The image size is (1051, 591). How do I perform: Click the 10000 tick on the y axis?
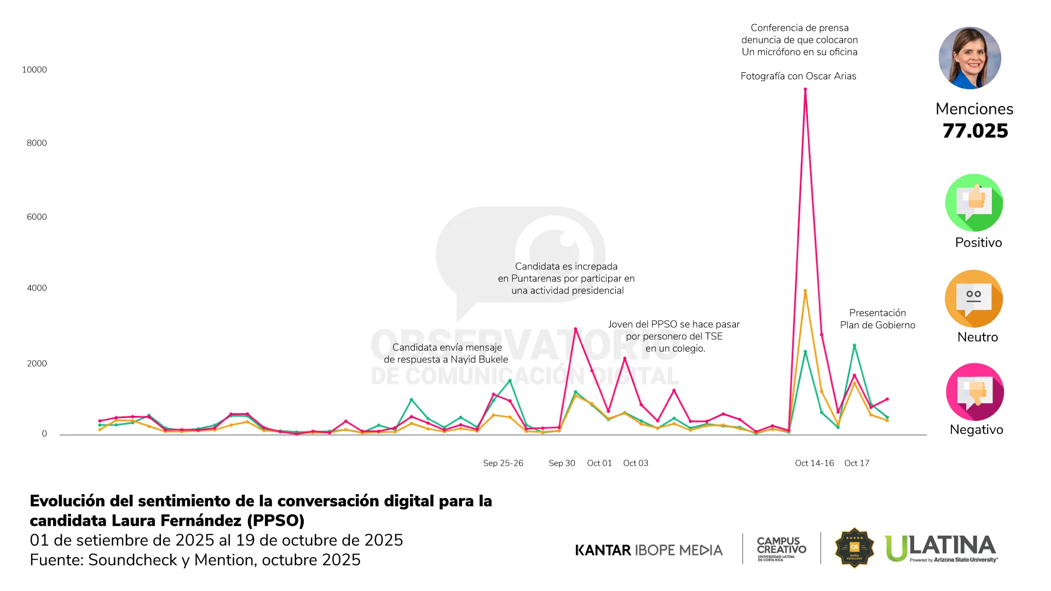point(34,69)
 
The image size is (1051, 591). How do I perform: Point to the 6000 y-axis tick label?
point(37,217)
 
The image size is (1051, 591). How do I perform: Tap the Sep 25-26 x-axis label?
point(503,463)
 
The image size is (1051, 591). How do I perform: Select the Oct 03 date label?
point(636,463)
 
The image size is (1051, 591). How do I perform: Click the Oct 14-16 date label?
point(815,463)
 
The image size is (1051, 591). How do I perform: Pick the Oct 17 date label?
point(857,463)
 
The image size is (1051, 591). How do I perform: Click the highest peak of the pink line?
point(805,89)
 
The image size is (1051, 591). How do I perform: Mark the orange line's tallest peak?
point(805,291)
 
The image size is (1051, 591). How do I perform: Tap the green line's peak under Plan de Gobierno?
point(854,345)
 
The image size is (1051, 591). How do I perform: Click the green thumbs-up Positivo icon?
point(974,202)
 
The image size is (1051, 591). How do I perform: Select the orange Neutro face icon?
point(974,299)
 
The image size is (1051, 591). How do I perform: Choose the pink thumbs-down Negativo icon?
point(974,392)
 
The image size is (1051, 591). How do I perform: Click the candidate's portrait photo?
point(970,58)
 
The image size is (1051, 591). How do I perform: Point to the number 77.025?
point(975,131)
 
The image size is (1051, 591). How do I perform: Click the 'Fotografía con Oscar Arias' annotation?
point(798,76)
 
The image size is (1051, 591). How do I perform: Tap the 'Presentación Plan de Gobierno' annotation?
point(877,319)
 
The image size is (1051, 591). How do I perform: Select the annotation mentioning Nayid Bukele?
point(446,354)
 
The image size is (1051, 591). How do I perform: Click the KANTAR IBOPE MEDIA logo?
point(649,550)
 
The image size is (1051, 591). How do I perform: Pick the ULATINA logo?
point(941,548)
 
